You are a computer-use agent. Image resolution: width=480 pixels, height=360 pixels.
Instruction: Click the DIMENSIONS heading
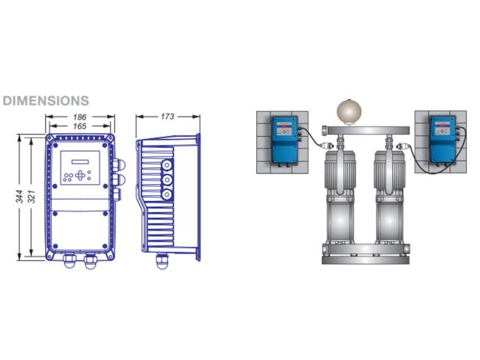pyautogui.click(x=46, y=101)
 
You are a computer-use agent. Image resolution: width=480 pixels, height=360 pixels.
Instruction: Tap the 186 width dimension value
pyautogui.click(x=79, y=117)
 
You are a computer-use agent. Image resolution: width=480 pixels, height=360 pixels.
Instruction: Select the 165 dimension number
pyautogui.click(x=79, y=126)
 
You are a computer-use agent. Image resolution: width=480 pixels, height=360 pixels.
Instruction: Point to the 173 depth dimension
pyautogui.click(x=167, y=116)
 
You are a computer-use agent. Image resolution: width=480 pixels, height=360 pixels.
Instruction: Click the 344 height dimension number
pyautogui.click(x=20, y=197)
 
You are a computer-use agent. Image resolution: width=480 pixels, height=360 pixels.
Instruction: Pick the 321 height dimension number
pyautogui.click(x=32, y=197)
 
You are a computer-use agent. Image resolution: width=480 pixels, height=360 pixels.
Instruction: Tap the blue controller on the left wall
pyautogui.click(x=285, y=140)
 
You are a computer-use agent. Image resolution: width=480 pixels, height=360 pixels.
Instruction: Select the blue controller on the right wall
pyautogui.click(x=443, y=140)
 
